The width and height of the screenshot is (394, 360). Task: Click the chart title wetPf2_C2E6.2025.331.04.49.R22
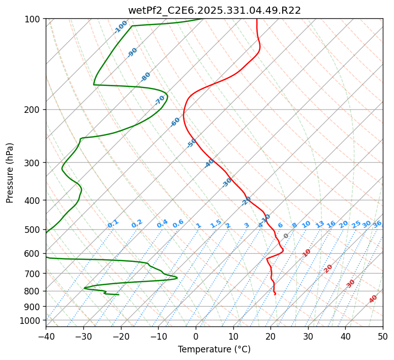click(x=214, y=10)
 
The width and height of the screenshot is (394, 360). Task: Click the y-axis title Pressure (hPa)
click(x=10, y=173)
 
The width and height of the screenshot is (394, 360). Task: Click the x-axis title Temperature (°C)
click(x=214, y=350)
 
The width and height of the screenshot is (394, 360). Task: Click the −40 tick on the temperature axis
click(x=46, y=337)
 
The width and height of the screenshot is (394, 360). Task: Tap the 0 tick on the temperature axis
click(x=196, y=337)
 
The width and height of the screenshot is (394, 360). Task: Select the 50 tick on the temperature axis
click(x=383, y=337)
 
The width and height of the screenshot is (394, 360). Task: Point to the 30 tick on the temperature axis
click(x=308, y=337)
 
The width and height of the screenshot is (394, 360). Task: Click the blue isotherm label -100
click(x=120, y=27)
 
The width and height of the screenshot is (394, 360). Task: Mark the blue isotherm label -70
click(x=160, y=100)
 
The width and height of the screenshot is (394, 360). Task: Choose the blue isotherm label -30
click(x=227, y=183)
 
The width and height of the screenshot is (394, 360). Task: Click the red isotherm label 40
click(x=373, y=299)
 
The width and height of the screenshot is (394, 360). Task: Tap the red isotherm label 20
click(x=328, y=268)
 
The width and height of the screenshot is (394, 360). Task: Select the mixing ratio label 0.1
click(x=113, y=223)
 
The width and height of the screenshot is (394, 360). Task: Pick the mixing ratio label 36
click(x=377, y=224)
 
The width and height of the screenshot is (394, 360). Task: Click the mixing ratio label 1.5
click(x=216, y=223)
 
